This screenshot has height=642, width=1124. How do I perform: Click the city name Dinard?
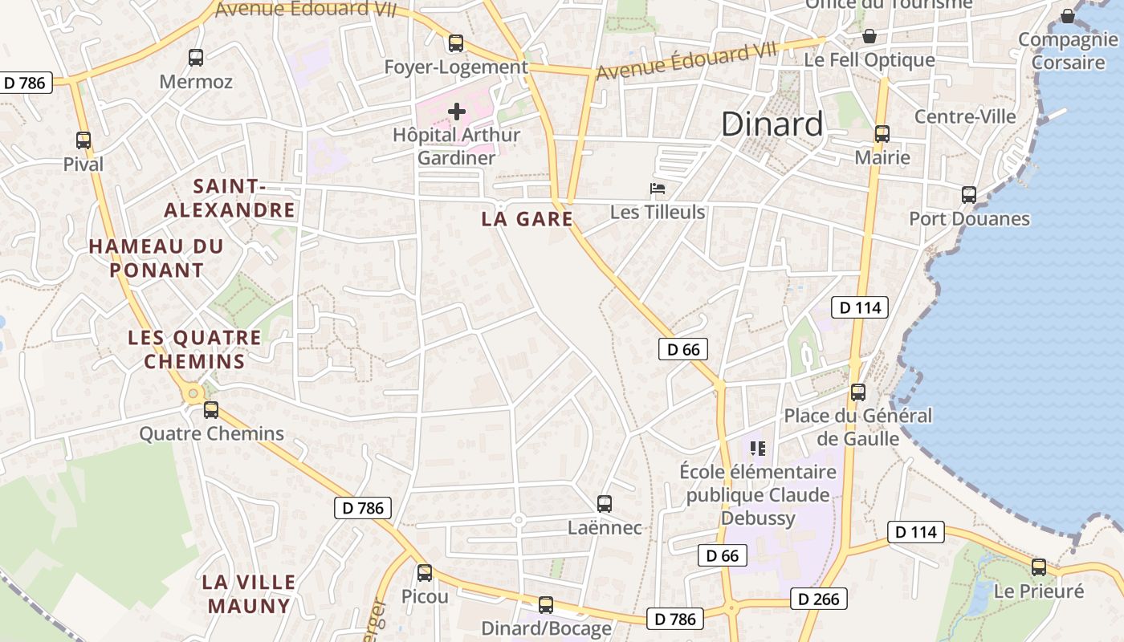click(x=772, y=124)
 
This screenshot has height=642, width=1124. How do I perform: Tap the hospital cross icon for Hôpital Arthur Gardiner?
click(x=457, y=112)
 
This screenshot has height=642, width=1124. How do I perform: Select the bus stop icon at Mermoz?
click(x=196, y=58)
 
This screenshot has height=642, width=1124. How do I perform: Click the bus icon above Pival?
click(x=83, y=140)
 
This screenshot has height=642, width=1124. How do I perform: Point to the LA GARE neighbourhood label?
click(x=527, y=219)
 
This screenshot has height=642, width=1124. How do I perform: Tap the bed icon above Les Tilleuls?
click(x=658, y=189)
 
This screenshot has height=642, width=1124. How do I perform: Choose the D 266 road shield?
click(x=818, y=599)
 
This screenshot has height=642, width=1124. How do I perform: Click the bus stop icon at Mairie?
click(x=882, y=134)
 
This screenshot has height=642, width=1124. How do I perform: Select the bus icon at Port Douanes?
click(x=969, y=195)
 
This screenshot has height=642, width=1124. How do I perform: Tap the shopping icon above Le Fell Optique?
click(x=869, y=37)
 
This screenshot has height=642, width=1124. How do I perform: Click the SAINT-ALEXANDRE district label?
click(x=230, y=198)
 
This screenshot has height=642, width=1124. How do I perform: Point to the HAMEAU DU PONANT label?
click(x=156, y=258)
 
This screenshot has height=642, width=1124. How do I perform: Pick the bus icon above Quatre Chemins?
click(x=211, y=410)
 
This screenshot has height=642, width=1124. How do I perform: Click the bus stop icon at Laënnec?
click(x=605, y=504)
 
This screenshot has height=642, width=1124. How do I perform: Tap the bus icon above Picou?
click(x=425, y=573)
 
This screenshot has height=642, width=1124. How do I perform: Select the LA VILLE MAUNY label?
click(x=249, y=594)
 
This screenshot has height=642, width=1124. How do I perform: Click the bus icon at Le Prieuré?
click(x=1039, y=567)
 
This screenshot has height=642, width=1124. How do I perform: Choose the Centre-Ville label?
click(x=965, y=116)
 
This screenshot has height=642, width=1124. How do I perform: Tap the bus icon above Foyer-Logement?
click(x=456, y=43)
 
